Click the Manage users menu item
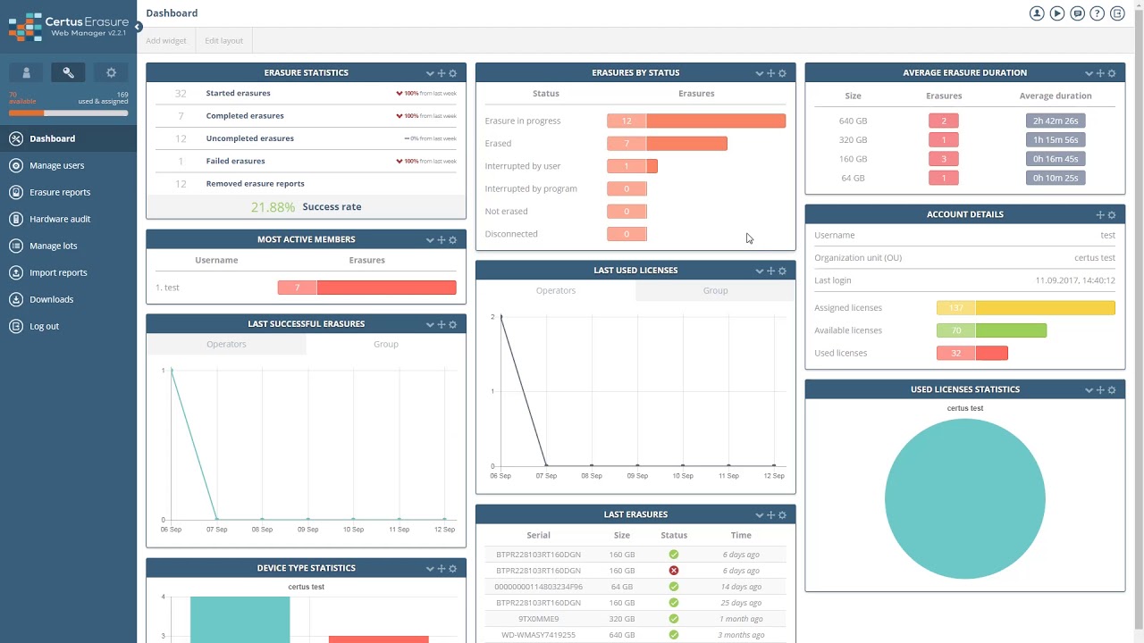click(x=56, y=165)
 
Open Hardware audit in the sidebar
click(x=59, y=219)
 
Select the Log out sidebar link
click(x=44, y=326)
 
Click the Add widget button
click(x=166, y=41)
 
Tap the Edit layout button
click(x=223, y=41)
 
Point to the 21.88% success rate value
click(x=273, y=207)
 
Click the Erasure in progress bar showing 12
click(x=696, y=121)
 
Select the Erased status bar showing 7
click(x=667, y=144)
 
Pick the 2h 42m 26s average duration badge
click(x=1055, y=121)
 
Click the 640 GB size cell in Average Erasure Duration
click(x=853, y=121)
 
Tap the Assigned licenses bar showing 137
click(x=1025, y=308)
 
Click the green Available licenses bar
click(x=991, y=330)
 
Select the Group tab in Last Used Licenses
click(x=715, y=291)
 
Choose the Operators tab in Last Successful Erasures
click(x=226, y=345)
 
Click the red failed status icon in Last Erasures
click(x=674, y=571)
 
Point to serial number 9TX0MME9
click(x=538, y=619)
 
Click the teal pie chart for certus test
click(x=964, y=498)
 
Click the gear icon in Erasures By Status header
click(x=782, y=73)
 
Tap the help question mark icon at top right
click(x=1097, y=13)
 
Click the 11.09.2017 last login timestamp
click(x=1074, y=280)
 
